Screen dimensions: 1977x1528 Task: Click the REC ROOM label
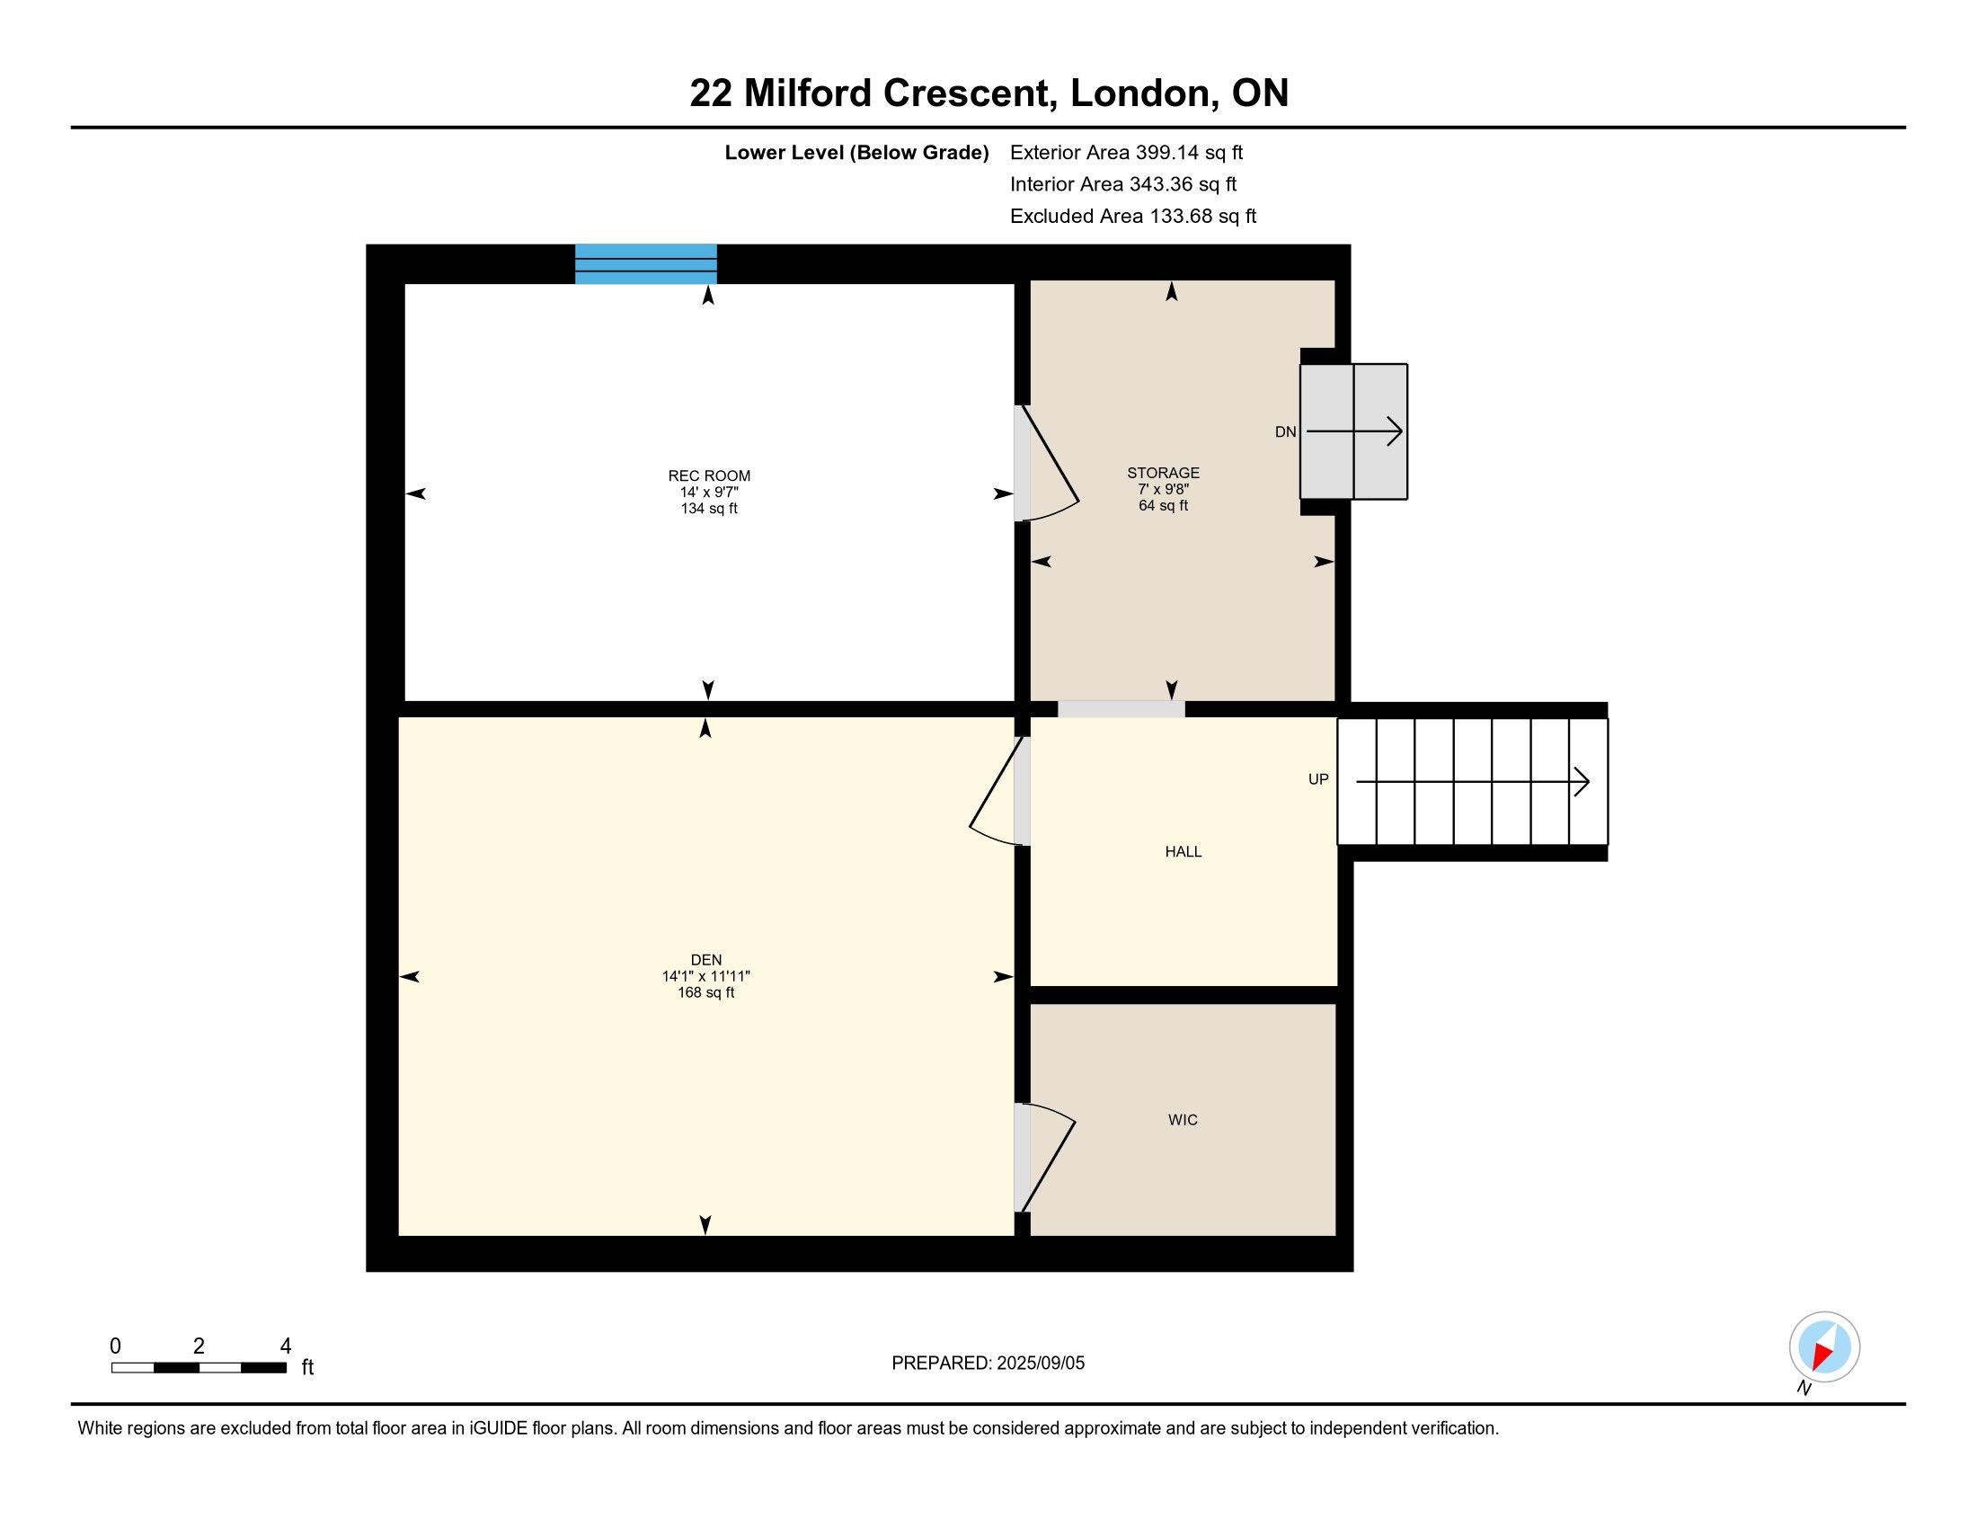(709, 475)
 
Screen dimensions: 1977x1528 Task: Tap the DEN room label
(706, 960)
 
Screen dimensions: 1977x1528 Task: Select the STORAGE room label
(1163, 473)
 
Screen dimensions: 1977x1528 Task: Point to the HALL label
(1184, 851)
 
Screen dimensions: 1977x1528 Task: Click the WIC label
(1183, 1120)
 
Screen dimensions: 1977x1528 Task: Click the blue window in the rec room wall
(646, 263)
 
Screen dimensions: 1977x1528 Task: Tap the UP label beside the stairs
(1318, 778)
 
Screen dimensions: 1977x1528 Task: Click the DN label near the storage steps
(1285, 431)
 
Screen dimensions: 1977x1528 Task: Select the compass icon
(1824, 1346)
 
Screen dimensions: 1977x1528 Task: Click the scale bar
(199, 1367)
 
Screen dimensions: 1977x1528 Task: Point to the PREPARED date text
(988, 1363)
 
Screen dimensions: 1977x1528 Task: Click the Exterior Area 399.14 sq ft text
(1126, 152)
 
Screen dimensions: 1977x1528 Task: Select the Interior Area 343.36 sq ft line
(1123, 183)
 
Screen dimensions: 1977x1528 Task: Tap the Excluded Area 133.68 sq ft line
(1133, 216)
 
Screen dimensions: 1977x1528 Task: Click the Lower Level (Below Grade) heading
(856, 152)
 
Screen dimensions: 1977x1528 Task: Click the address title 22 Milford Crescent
(869, 93)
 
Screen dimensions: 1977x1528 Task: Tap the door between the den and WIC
(1045, 1158)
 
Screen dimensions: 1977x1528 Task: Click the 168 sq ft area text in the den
(706, 992)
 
